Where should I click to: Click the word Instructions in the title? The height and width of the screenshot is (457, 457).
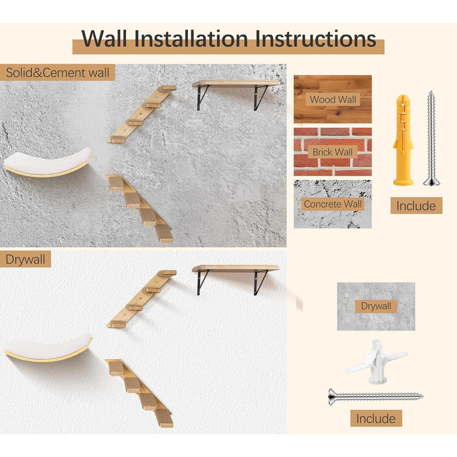[315, 39]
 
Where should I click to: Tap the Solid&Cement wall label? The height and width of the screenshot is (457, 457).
[57, 72]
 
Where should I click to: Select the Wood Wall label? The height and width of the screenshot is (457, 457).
[333, 99]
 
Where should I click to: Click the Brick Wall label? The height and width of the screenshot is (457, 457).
[332, 152]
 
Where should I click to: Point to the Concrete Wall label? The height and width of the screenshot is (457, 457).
[332, 204]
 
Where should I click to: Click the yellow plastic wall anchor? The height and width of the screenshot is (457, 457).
[403, 140]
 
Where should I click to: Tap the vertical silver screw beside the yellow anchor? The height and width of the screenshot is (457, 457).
[432, 138]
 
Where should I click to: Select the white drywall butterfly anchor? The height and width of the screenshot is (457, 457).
[376, 362]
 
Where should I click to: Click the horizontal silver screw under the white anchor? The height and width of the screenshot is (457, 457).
[375, 396]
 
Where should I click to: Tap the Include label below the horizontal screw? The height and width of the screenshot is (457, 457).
[376, 418]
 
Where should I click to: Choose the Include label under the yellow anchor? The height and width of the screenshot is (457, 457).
[417, 206]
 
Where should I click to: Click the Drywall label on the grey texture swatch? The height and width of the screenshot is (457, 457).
[376, 306]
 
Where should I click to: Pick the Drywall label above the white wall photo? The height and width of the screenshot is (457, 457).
[25, 259]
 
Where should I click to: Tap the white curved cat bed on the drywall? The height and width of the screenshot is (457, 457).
[48, 347]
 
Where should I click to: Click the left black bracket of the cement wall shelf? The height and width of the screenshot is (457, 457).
[202, 98]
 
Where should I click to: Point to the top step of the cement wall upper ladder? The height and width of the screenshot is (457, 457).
[168, 87]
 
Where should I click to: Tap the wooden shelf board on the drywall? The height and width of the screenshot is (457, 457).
[236, 268]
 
